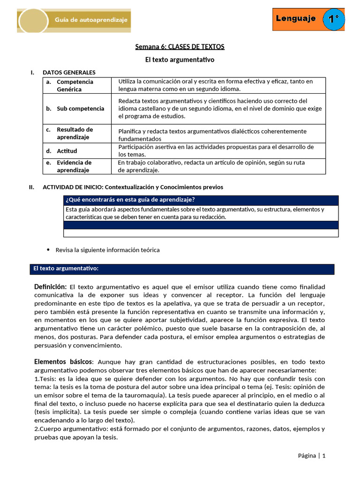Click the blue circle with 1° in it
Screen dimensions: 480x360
click(334, 20)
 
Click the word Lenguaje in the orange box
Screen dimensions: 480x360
click(295, 19)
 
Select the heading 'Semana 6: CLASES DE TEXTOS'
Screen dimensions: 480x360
click(180, 46)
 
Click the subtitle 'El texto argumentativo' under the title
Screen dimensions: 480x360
click(180, 60)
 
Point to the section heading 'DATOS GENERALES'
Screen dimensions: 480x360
click(69, 72)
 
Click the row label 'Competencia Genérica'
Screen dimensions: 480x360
click(75, 85)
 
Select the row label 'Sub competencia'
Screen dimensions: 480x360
click(80, 108)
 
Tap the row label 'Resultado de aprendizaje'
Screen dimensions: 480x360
click(75, 133)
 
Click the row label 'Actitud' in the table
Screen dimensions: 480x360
click(67, 151)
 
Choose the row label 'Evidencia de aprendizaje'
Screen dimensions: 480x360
click(74, 166)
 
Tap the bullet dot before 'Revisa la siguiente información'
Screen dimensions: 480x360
click(49, 250)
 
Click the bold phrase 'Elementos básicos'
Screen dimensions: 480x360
click(63, 361)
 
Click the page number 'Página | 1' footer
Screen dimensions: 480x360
click(311, 455)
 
